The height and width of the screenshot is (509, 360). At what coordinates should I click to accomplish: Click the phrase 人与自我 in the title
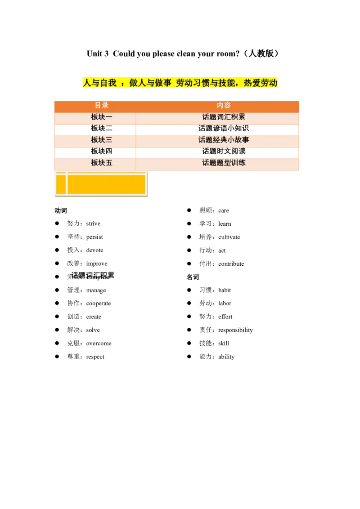pyautogui.click(x=99, y=83)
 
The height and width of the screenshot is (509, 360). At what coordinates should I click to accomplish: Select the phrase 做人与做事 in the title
pyautogui.click(x=150, y=83)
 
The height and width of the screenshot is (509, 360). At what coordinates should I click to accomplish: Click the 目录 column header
pyautogui.click(x=102, y=106)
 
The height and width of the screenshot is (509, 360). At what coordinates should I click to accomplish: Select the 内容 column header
pyautogui.click(x=224, y=106)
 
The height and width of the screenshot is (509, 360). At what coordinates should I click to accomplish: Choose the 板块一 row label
pyautogui.click(x=102, y=117)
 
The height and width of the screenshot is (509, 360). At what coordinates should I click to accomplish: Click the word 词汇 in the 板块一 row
pyautogui.click(x=224, y=117)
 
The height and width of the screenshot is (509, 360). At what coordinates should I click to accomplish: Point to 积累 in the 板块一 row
pyautogui.click(x=238, y=117)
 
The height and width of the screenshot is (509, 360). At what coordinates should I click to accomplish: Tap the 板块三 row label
pyautogui.click(x=102, y=140)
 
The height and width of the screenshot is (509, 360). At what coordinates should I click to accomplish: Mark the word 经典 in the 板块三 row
pyautogui.click(x=220, y=140)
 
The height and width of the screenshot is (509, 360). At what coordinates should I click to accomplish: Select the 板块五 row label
pyautogui.click(x=102, y=163)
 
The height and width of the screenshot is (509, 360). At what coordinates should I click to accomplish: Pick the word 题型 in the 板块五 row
pyautogui.click(x=224, y=163)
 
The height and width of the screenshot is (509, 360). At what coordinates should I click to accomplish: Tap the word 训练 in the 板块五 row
pyautogui.click(x=238, y=163)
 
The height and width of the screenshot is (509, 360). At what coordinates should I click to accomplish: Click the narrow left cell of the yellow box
pyautogui.click(x=61, y=184)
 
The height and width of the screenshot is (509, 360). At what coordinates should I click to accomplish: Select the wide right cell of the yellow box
pyautogui.click(x=106, y=184)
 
